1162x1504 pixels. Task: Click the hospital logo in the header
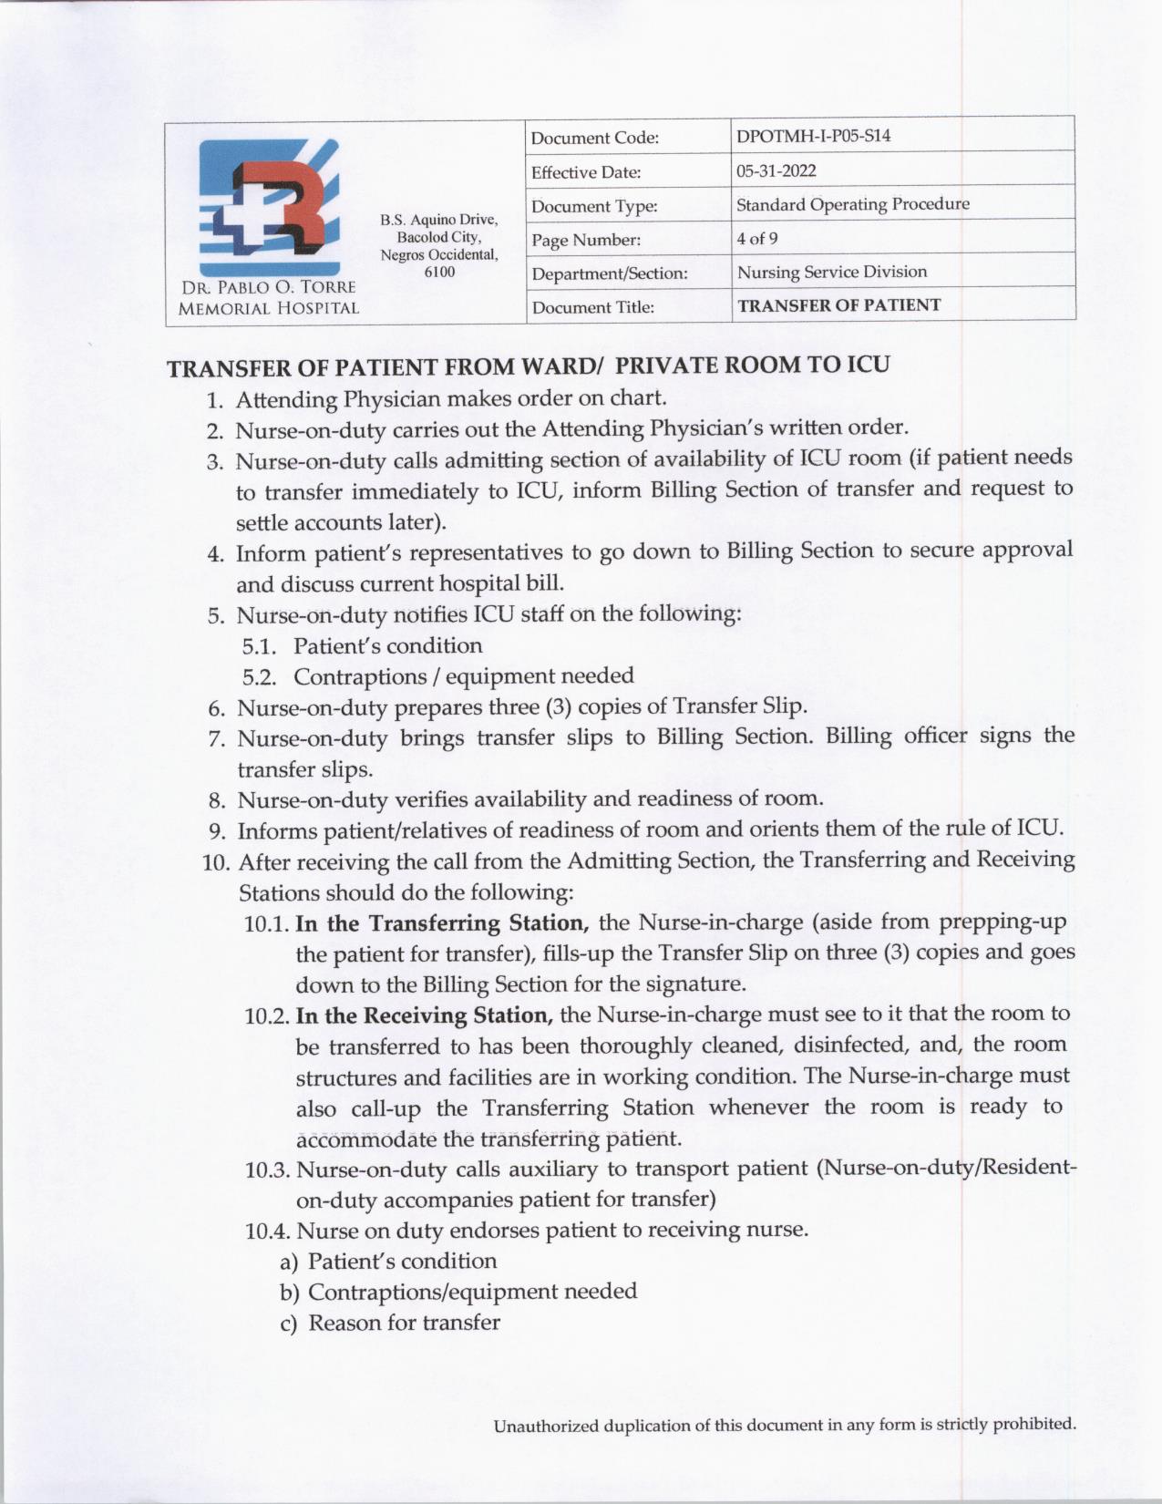coord(268,206)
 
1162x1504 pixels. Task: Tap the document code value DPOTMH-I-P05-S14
coord(813,137)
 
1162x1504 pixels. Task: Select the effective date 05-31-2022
coord(776,170)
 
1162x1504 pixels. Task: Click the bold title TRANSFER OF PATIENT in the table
coord(838,305)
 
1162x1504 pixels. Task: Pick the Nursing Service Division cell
coord(831,272)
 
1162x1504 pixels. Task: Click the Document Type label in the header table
coord(593,207)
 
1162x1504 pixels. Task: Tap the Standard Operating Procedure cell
coord(852,204)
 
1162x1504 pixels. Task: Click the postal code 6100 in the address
coord(439,272)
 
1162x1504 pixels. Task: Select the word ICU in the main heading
coord(868,365)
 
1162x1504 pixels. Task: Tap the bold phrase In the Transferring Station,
coord(443,923)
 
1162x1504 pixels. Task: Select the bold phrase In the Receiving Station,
coord(425,1015)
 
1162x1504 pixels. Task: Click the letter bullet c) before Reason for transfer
coord(289,1324)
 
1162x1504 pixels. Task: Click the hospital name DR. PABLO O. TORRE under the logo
coord(267,288)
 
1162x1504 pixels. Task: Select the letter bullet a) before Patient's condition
coord(289,1262)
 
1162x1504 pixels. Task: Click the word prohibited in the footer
coord(1033,1424)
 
